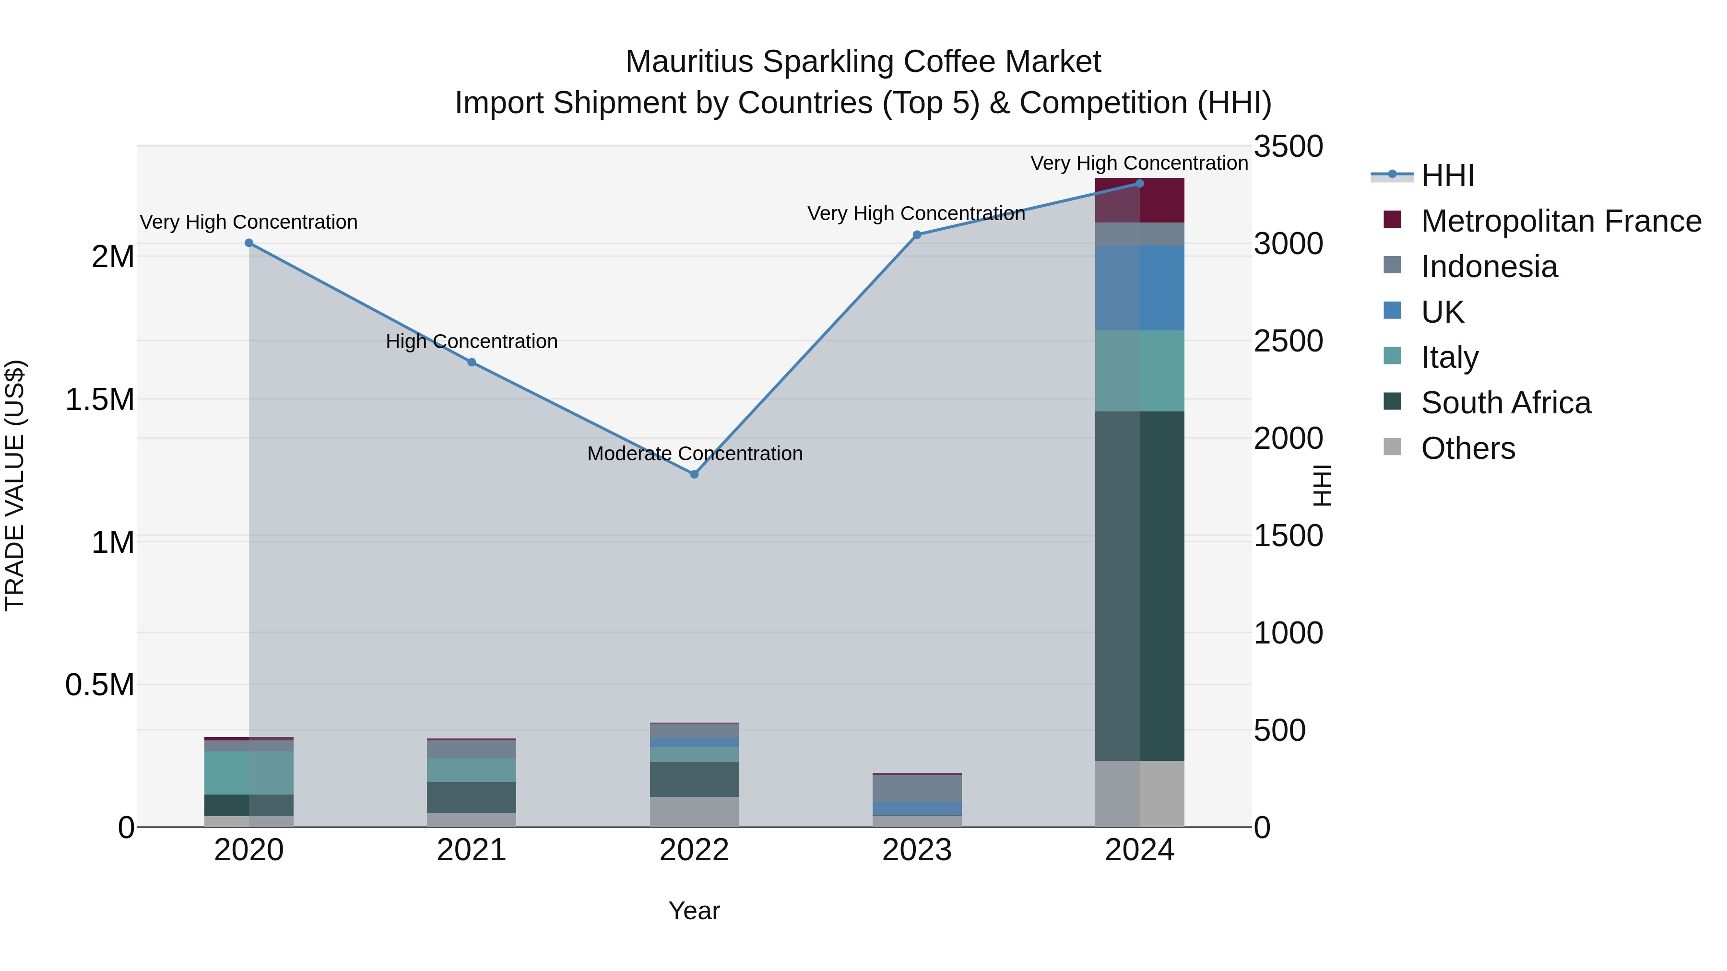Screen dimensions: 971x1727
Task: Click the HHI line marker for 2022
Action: (x=694, y=474)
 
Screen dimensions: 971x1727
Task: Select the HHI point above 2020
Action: (x=248, y=243)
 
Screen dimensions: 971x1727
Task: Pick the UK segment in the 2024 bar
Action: (x=1140, y=288)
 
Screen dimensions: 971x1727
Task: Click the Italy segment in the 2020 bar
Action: (x=248, y=772)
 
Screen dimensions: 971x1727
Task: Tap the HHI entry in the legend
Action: (x=1447, y=175)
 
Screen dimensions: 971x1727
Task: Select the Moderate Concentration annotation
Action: (x=695, y=454)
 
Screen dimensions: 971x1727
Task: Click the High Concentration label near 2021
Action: (x=471, y=342)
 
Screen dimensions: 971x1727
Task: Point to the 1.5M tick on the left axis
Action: (x=99, y=400)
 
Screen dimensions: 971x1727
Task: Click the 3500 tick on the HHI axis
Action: (x=1288, y=147)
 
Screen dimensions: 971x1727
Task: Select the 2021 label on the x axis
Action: (x=471, y=850)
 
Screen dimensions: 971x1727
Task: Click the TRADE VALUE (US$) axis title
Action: (x=15, y=485)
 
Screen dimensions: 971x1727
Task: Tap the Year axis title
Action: (x=694, y=911)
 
